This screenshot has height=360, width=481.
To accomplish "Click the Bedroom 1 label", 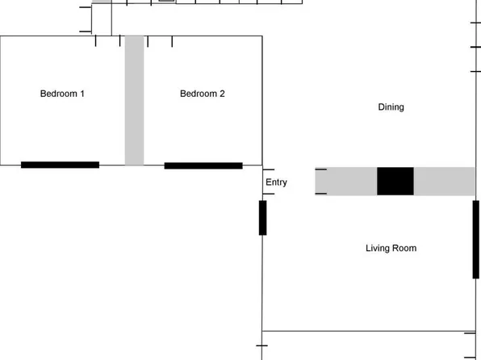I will point(62,94).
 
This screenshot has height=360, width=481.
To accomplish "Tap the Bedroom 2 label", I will point(202,94).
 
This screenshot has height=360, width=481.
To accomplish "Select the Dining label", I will point(391,107).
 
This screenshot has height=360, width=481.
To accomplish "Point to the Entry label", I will point(276,182).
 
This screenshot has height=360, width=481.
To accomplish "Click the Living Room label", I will point(391,249).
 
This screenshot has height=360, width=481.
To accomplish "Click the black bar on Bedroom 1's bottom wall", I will point(60,165).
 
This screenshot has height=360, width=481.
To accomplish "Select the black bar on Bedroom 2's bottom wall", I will point(203,165).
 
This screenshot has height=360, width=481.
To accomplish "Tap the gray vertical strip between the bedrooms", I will point(134,100).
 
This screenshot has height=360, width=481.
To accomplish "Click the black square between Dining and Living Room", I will point(395,181).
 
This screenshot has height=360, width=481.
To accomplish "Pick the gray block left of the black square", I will point(345,181).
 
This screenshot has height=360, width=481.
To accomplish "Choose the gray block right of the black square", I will point(444,181).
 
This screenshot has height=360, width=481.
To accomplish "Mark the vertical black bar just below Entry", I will point(262,217).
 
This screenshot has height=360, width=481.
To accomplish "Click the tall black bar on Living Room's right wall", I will point(476,239).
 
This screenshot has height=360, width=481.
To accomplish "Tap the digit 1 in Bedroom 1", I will point(82,94).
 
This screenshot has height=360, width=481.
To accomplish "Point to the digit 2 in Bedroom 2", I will point(222,94).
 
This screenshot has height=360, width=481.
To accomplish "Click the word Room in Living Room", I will point(404,249).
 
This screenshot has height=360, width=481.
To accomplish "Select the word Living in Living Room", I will point(377,249).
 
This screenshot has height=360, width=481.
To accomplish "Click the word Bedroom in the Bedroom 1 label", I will point(58,94).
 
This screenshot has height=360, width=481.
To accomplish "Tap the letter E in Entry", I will point(268,182).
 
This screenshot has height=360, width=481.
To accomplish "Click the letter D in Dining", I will point(381,107).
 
